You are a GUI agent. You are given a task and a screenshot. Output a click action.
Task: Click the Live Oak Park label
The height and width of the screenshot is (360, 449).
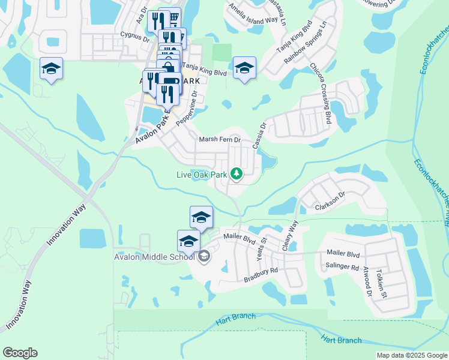click(201, 175)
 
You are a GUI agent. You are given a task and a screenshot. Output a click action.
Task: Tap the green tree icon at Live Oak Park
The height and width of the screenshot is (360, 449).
click(237, 174)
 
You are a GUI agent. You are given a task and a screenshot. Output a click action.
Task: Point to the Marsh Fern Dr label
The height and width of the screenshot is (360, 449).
click(220, 140)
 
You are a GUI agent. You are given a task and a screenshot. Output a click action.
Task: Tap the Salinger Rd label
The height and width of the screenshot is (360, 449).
click(342, 266)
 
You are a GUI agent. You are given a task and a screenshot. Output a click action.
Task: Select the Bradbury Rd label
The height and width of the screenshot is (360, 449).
click(261, 275)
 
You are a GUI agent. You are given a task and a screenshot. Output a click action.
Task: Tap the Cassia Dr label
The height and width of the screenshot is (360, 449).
click(259, 137)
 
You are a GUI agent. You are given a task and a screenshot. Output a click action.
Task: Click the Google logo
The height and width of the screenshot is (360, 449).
click(20, 353)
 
